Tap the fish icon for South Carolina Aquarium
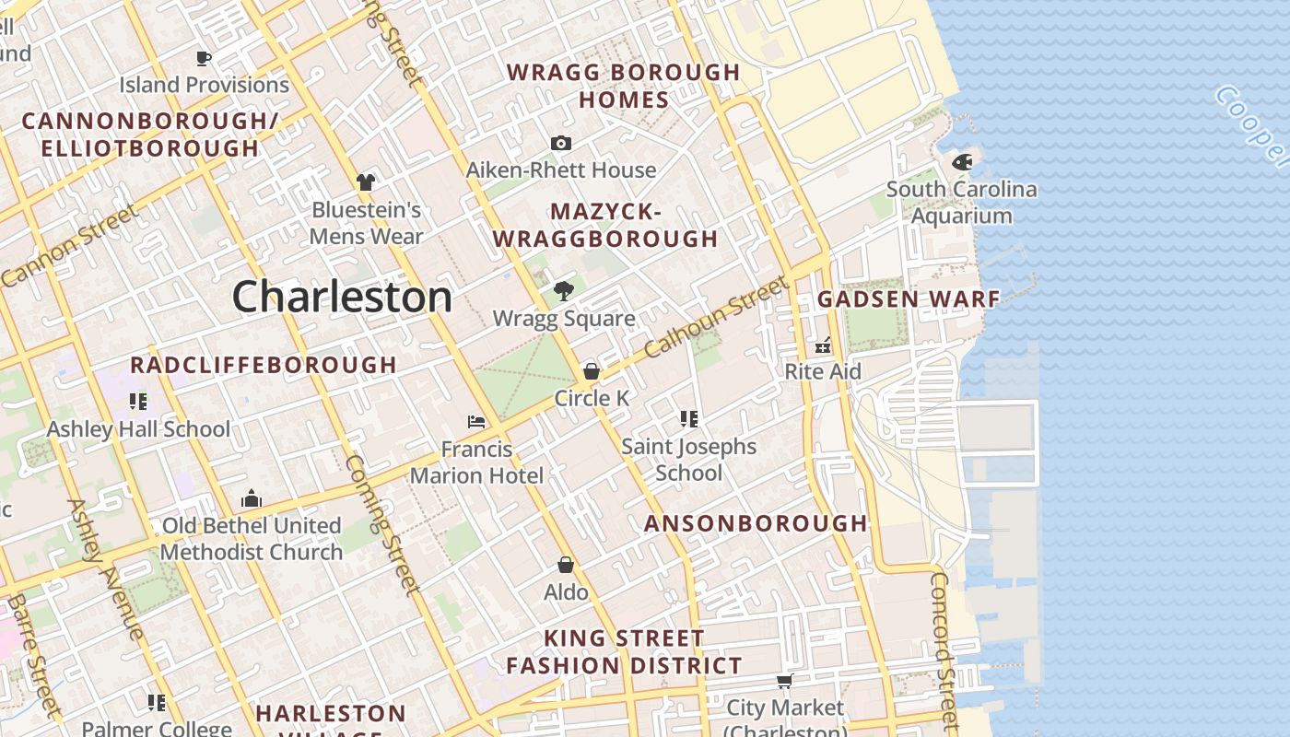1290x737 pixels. coord(962,162)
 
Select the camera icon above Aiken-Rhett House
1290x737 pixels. coord(560,143)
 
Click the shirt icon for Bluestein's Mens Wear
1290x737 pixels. coord(366,181)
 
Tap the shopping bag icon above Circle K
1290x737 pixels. coord(592,371)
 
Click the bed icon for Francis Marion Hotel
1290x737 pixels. coord(476,422)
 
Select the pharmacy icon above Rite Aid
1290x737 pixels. coord(823,345)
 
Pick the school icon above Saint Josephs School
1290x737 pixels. coord(688,419)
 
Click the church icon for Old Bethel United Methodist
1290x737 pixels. coord(252,499)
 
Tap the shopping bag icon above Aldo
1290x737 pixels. coord(566,565)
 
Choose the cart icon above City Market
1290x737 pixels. coord(784,681)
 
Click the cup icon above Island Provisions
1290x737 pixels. coord(204,58)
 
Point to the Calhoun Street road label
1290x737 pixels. coord(716,319)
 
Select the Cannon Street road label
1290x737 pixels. coord(70,245)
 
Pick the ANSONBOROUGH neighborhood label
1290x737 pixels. coord(756,524)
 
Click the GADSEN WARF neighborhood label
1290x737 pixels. coord(909,299)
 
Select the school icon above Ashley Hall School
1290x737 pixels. coord(138,401)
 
